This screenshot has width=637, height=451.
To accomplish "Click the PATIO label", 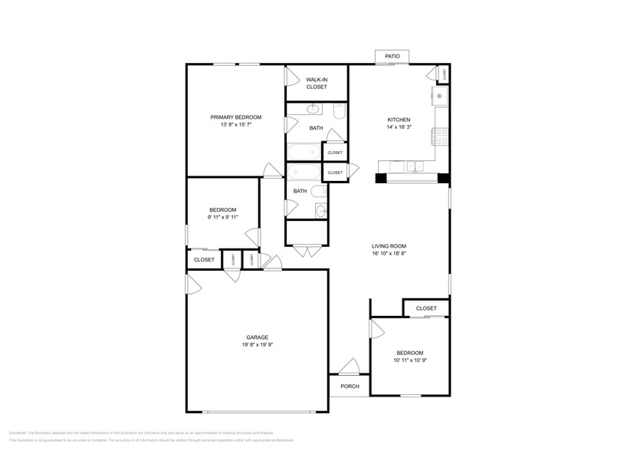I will click(392, 57).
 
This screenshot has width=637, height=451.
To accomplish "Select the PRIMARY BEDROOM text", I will click(236, 117).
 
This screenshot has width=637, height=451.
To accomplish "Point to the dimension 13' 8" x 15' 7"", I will click(236, 124).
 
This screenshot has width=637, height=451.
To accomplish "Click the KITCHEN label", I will click(399, 120).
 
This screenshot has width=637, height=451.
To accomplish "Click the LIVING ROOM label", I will click(389, 246).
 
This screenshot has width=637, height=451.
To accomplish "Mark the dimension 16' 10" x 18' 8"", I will click(389, 253).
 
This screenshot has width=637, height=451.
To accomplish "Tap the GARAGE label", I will click(257, 337).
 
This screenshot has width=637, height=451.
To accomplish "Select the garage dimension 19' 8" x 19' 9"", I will click(257, 344).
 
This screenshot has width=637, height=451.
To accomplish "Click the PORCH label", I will click(350, 386).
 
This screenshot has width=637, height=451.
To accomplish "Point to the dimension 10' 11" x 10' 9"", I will click(409, 360).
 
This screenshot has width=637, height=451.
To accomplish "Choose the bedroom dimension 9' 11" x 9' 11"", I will click(223, 217).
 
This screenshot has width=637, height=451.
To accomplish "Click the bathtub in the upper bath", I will click(304, 150).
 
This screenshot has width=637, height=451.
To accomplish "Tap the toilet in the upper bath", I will click(340, 113).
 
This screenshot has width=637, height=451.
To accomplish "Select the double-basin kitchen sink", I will click(415, 165).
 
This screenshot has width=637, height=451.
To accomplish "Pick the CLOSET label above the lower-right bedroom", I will click(426, 308).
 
